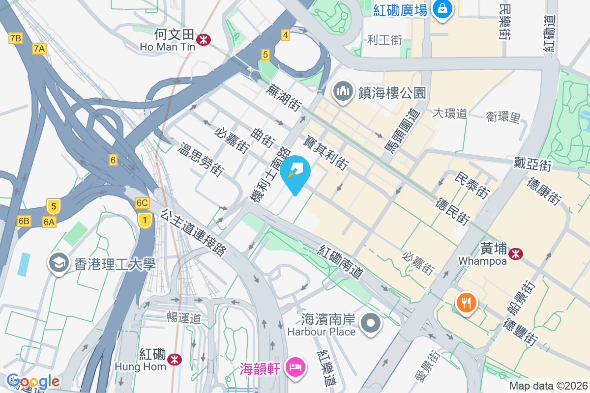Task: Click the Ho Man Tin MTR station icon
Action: [202, 40]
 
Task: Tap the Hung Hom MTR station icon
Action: [174, 360]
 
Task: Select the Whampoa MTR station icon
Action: [516, 253]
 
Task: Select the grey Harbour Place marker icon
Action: [371, 324]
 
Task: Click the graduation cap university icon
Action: [59, 263]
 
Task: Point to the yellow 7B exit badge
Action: [16, 38]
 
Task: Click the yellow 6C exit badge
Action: [142, 203]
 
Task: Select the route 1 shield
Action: [144, 221]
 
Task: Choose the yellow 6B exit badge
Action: [24, 221]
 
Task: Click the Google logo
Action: [33, 381]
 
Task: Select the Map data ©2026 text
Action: [548, 386]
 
